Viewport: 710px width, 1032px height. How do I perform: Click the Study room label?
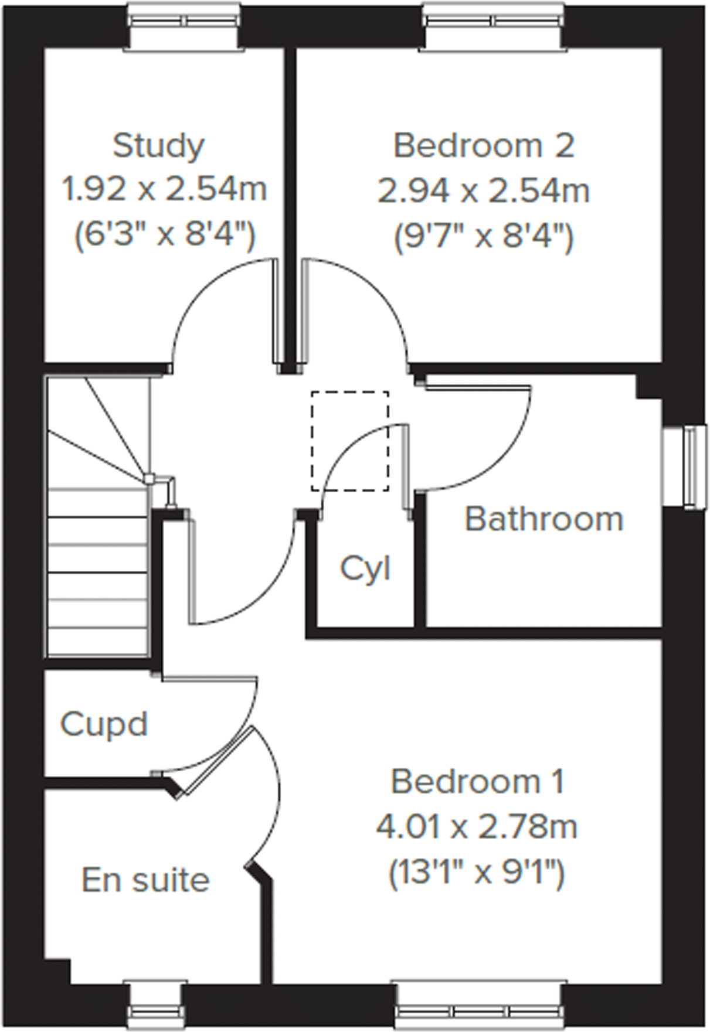point(158,146)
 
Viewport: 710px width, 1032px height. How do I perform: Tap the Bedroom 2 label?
point(483,146)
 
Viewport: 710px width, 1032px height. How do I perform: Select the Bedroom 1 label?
point(477,782)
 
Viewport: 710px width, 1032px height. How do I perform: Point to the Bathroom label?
point(543,519)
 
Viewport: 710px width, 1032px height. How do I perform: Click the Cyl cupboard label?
point(365,568)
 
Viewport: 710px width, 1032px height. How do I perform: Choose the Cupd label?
point(104,724)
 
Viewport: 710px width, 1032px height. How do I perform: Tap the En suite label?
point(145,880)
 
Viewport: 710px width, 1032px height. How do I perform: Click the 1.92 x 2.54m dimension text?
point(164,190)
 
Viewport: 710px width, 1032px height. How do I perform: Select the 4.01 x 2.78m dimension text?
point(477,827)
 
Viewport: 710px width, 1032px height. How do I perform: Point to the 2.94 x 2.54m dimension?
point(484,191)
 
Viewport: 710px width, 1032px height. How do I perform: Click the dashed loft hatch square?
point(349,441)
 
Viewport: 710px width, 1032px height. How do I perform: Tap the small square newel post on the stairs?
point(150,479)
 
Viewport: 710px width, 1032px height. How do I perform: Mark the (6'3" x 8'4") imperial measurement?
point(164,236)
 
